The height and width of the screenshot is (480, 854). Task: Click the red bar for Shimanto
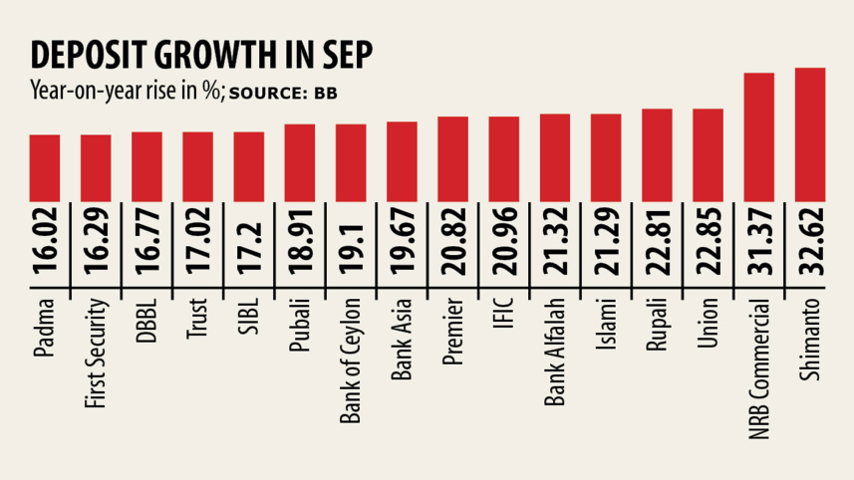810,133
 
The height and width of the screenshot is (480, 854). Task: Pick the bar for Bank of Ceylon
351,161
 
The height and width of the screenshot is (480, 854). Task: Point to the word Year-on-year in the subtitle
75,92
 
